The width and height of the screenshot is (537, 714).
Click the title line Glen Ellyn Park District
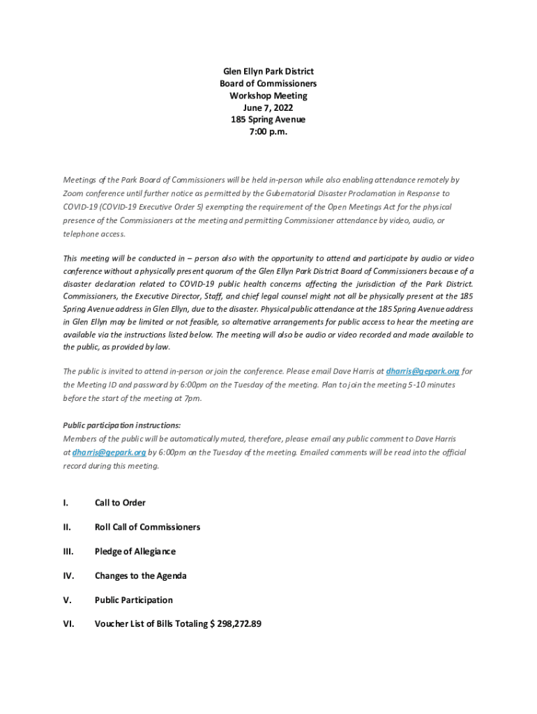pyautogui.click(x=268, y=71)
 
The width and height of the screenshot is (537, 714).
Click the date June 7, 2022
pyautogui.click(x=268, y=107)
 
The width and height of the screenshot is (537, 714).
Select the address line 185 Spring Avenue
pyautogui.click(x=268, y=119)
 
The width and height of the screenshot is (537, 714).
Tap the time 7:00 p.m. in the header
pyautogui.click(x=268, y=132)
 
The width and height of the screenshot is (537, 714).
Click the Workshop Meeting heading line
pyautogui.click(x=268, y=96)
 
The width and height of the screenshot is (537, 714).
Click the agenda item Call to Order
pyautogui.click(x=120, y=503)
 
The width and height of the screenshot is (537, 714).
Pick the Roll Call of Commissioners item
pyautogui.click(x=147, y=527)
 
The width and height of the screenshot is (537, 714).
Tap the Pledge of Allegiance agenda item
pyautogui.click(x=135, y=552)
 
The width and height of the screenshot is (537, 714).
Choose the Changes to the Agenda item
pyautogui.click(x=141, y=576)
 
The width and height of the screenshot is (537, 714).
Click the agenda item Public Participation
pyautogui.click(x=134, y=600)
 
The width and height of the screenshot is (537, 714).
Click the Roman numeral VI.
pyautogui.click(x=68, y=624)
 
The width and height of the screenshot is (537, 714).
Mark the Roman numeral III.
pyautogui.click(x=68, y=552)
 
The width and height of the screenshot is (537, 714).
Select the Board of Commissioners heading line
pyautogui.click(x=268, y=84)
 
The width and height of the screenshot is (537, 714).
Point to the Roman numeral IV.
pyautogui.click(x=68, y=576)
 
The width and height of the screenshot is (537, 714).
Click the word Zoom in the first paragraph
pyautogui.click(x=73, y=193)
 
